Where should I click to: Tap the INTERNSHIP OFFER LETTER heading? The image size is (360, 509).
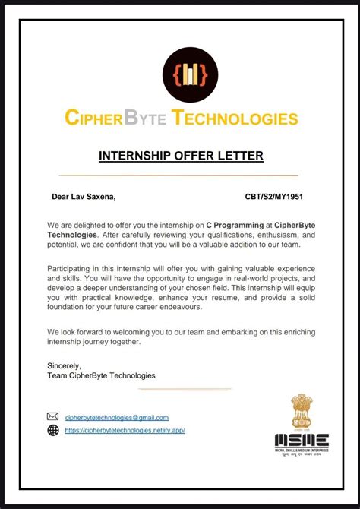[181, 156]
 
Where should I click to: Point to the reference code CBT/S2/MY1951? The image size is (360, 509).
[275, 197]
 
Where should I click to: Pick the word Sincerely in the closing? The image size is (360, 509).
[64, 365]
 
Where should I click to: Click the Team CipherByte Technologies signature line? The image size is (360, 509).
[101, 375]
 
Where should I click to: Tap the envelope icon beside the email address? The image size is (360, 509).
[53, 416]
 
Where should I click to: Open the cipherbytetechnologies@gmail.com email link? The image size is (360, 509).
[117, 417]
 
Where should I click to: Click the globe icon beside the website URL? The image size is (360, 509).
[53, 430]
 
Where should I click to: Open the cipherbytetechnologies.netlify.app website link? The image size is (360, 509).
[125, 430]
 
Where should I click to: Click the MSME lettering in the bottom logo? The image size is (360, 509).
[302, 441]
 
